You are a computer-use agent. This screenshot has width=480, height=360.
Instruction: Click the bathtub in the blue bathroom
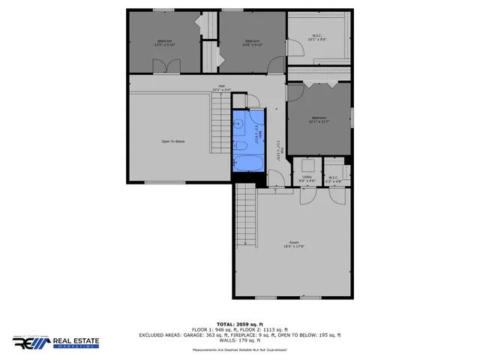(246, 163)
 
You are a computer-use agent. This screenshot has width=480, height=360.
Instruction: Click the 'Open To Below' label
(173, 141)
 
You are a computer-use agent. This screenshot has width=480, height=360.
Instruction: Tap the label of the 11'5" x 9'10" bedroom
(165, 42)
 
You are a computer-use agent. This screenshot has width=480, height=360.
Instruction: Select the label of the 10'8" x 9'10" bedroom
(252, 42)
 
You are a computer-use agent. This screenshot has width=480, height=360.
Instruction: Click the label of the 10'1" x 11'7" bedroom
(319, 119)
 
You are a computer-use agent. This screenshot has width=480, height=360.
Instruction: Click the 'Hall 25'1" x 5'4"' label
(222, 88)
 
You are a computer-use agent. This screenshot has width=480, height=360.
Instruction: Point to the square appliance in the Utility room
(307, 165)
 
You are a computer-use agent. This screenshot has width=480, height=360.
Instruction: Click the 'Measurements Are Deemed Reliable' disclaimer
(240, 350)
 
